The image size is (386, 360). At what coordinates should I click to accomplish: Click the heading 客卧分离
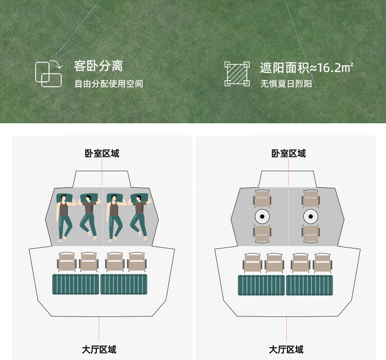[x=98, y=66]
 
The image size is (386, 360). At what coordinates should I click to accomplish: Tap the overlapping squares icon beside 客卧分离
[x=48, y=74]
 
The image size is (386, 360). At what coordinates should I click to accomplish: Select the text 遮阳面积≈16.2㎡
[x=306, y=67]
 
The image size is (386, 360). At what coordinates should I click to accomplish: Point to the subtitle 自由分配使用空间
[x=108, y=84]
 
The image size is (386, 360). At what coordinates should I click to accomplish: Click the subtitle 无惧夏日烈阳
[x=286, y=84]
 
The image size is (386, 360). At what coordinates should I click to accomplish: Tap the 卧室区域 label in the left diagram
[x=102, y=154]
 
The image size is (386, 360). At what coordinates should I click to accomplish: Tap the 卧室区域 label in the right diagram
[x=288, y=154]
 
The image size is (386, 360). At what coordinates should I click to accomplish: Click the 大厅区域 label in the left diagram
[x=99, y=349]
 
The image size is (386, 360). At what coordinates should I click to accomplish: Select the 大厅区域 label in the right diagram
[x=286, y=349]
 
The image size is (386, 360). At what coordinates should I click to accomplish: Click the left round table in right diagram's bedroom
[x=262, y=216]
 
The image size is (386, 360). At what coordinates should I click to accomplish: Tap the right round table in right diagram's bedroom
[x=310, y=216]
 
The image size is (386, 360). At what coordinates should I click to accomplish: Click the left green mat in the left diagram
[x=75, y=284]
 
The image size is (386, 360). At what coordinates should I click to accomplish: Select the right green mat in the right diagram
[x=309, y=285]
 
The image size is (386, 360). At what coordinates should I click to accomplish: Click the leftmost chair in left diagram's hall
[x=66, y=262]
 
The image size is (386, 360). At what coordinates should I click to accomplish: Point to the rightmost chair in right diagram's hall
[x=322, y=262]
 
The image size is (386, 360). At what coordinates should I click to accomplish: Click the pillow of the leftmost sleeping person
[x=64, y=198]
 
